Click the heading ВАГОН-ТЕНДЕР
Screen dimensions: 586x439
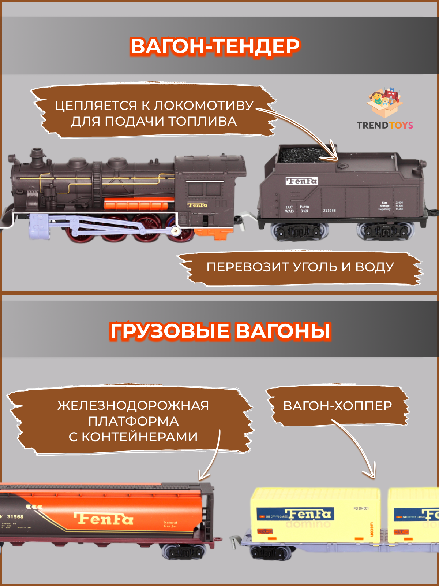tap(215, 47)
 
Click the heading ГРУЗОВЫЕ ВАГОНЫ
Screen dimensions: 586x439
tap(220, 331)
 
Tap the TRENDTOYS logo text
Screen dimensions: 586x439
tap(384, 125)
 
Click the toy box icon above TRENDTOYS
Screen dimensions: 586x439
tap(385, 102)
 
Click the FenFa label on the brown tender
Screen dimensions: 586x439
tap(301, 181)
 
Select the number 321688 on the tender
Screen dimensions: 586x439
tap(329, 210)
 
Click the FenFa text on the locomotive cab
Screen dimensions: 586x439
tap(198, 205)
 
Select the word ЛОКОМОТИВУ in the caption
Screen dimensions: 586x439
tap(203, 105)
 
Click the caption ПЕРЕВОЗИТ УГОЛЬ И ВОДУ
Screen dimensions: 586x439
tap(300, 267)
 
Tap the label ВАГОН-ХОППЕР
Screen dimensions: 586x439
tap(337, 406)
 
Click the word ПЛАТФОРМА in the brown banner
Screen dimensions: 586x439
tap(134, 421)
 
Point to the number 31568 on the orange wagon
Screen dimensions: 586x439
tap(15, 516)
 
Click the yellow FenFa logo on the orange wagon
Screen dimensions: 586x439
tap(104, 519)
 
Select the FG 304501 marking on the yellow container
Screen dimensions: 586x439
tap(361, 508)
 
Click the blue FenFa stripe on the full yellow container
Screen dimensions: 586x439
tap(295, 515)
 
